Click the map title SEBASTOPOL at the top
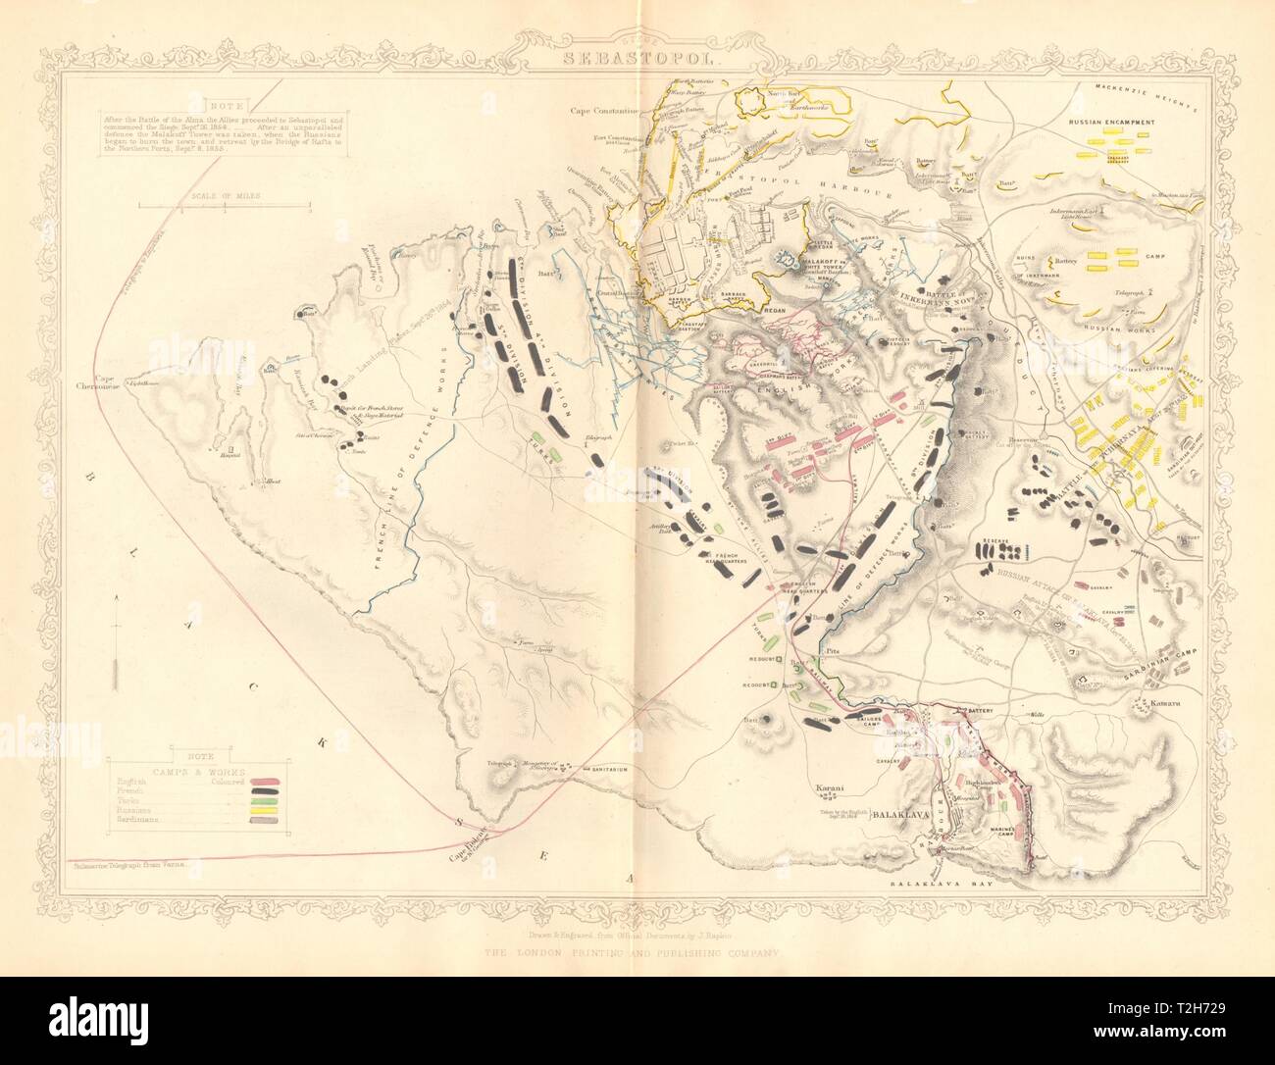point(637,56)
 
